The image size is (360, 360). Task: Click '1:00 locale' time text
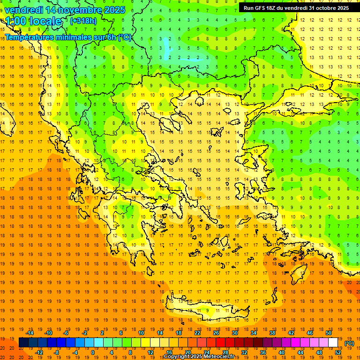34,21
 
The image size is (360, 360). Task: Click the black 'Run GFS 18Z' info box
296,8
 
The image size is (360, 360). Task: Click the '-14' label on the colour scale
30,332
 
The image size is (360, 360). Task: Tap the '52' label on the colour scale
338,352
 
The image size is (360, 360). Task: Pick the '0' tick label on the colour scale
92,352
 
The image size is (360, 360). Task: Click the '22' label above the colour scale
197,332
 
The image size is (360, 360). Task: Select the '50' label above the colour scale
329,332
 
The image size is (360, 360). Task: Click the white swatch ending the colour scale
333,343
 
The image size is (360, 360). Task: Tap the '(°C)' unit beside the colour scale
349,343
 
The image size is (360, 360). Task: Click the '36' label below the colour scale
262,352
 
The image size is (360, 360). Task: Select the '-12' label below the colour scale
39,352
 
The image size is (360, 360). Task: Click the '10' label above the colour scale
141,332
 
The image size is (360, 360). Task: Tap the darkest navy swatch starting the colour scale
23,343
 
